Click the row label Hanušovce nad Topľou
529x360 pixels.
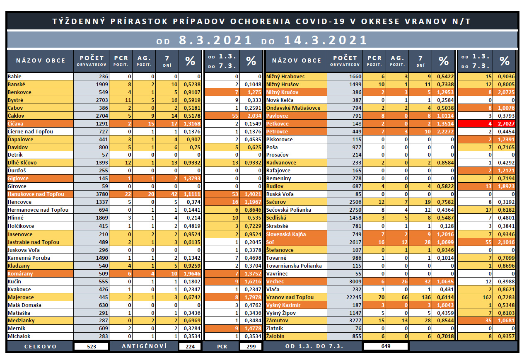pyautogui.click(x=36, y=194)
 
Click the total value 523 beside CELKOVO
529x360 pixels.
pyautogui.click(x=92, y=346)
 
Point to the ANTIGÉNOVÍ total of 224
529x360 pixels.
pyautogui.click(x=190, y=346)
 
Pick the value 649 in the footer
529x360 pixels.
pyautogui.click(x=386, y=346)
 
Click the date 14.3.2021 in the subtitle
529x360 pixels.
pyautogui.click(x=326, y=40)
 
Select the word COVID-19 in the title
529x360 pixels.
pyautogui.click(x=321, y=21)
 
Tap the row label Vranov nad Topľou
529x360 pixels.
pyautogui.click(x=290, y=297)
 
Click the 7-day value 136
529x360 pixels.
pyautogui.click(x=426, y=297)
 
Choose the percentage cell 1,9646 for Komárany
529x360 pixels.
pyautogui.click(x=192, y=273)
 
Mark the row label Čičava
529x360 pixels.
pyautogui.click(x=15, y=123)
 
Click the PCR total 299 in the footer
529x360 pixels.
pyautogui.click(x=251, y=346)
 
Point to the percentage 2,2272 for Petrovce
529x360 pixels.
pyautogui.click(x=445, y=131)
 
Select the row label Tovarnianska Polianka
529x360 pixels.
pyautogui.click(x=294, y=266)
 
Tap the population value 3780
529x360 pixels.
pyautogui.click(x=102, y=194)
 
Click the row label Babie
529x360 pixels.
pyautogui.click(x=14, y=76)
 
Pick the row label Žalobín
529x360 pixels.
pyautogui.click(x=275, y=336)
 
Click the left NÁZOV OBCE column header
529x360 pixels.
pyautogui.click(x=41, y=60)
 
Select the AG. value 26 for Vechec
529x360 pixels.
pyautogui.click(x=405, y=281)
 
